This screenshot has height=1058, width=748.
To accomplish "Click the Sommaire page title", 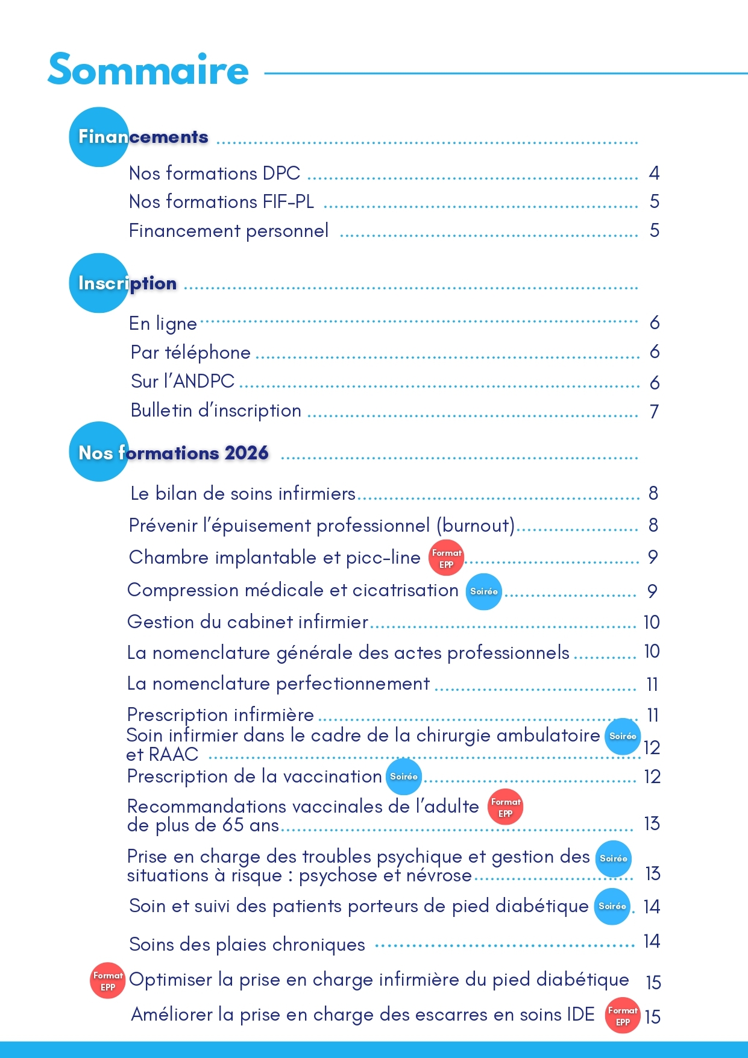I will coord(148,70).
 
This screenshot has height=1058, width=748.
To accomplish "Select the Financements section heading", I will coord(143,137).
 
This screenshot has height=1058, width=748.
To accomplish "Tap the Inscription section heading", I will coord(127,283).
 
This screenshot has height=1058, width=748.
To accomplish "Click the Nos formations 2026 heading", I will coord(173,452).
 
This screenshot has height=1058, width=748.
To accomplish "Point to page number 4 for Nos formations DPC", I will coord(654,174).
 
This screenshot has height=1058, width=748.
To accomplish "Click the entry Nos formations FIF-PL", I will coord(221,202).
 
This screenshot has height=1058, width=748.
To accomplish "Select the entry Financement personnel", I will coord(228,231).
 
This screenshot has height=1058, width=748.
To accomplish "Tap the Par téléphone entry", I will coord(190,353).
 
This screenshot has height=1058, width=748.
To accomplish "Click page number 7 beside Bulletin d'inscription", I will coord(654,412).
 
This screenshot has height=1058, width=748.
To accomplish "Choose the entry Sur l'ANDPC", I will coord(183,382).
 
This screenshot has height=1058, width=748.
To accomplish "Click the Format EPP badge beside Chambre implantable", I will coord(446,558).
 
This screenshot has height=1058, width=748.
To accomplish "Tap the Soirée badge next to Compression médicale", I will coord(483,591).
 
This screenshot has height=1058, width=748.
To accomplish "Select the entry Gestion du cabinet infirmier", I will coord(248,622).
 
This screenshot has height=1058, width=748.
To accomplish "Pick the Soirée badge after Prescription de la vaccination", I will coord(403,776).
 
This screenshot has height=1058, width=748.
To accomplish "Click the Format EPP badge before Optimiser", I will coord(108,981).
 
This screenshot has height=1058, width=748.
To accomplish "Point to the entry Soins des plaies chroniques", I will coord(247,945).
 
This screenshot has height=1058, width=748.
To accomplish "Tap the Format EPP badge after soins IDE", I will coord(622,1016).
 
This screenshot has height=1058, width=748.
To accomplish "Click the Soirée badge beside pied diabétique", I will coord(612,906).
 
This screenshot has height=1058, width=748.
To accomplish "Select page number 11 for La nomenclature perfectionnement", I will coord(652,684).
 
